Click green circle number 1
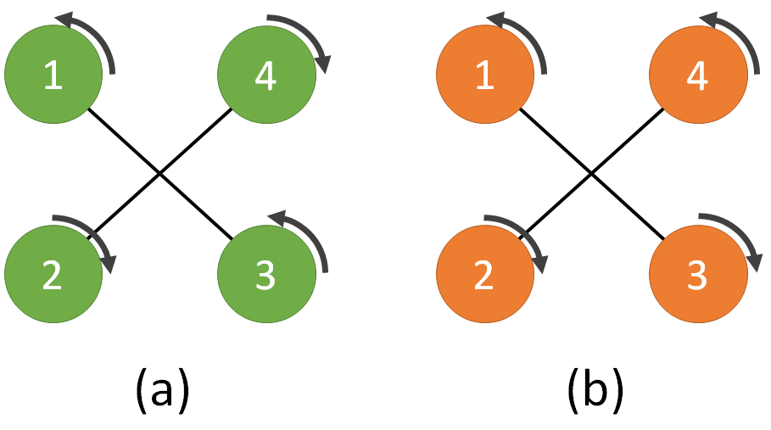point(53,76)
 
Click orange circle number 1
point(484,76)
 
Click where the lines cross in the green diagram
point(160,175)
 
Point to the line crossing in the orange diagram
point(591,175)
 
